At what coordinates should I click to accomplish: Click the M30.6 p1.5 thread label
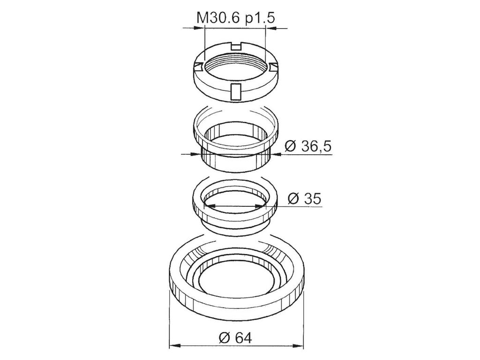(x=235, y=18)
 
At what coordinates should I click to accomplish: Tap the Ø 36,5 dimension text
(x=308, y=147)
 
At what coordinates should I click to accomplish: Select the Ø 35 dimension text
(x=305, y=199)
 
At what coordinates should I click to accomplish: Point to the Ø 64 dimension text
(x=235, y=338)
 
